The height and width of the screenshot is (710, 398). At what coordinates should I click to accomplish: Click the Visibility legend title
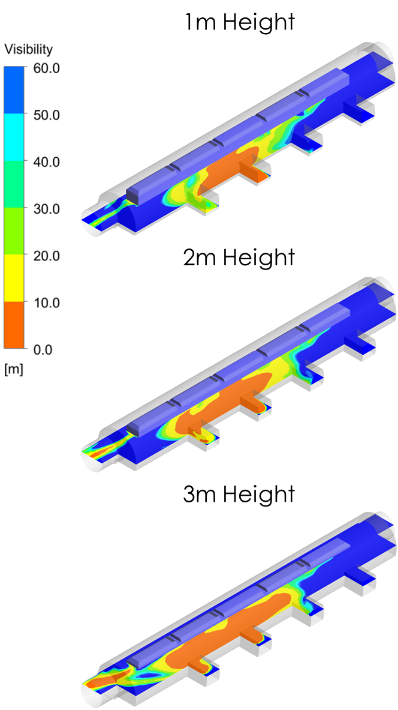[29, 50]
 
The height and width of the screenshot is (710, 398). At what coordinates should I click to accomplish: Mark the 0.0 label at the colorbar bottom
[43, 349]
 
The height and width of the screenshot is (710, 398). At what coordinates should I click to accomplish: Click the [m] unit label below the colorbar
[13, 369]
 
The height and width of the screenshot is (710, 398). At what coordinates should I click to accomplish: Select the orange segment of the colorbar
[14, 325]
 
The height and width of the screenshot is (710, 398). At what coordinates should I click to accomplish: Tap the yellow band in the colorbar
[14, 278]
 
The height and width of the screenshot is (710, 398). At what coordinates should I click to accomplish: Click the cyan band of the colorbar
[14, 137]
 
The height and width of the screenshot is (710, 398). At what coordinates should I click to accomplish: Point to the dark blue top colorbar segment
[14, 90]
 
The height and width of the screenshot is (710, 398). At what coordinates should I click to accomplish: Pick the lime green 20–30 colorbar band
[14, 231]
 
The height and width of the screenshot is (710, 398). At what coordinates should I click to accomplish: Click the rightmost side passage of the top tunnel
[360, 112]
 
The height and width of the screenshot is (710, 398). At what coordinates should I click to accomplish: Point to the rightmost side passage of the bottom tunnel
[360, 577]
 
